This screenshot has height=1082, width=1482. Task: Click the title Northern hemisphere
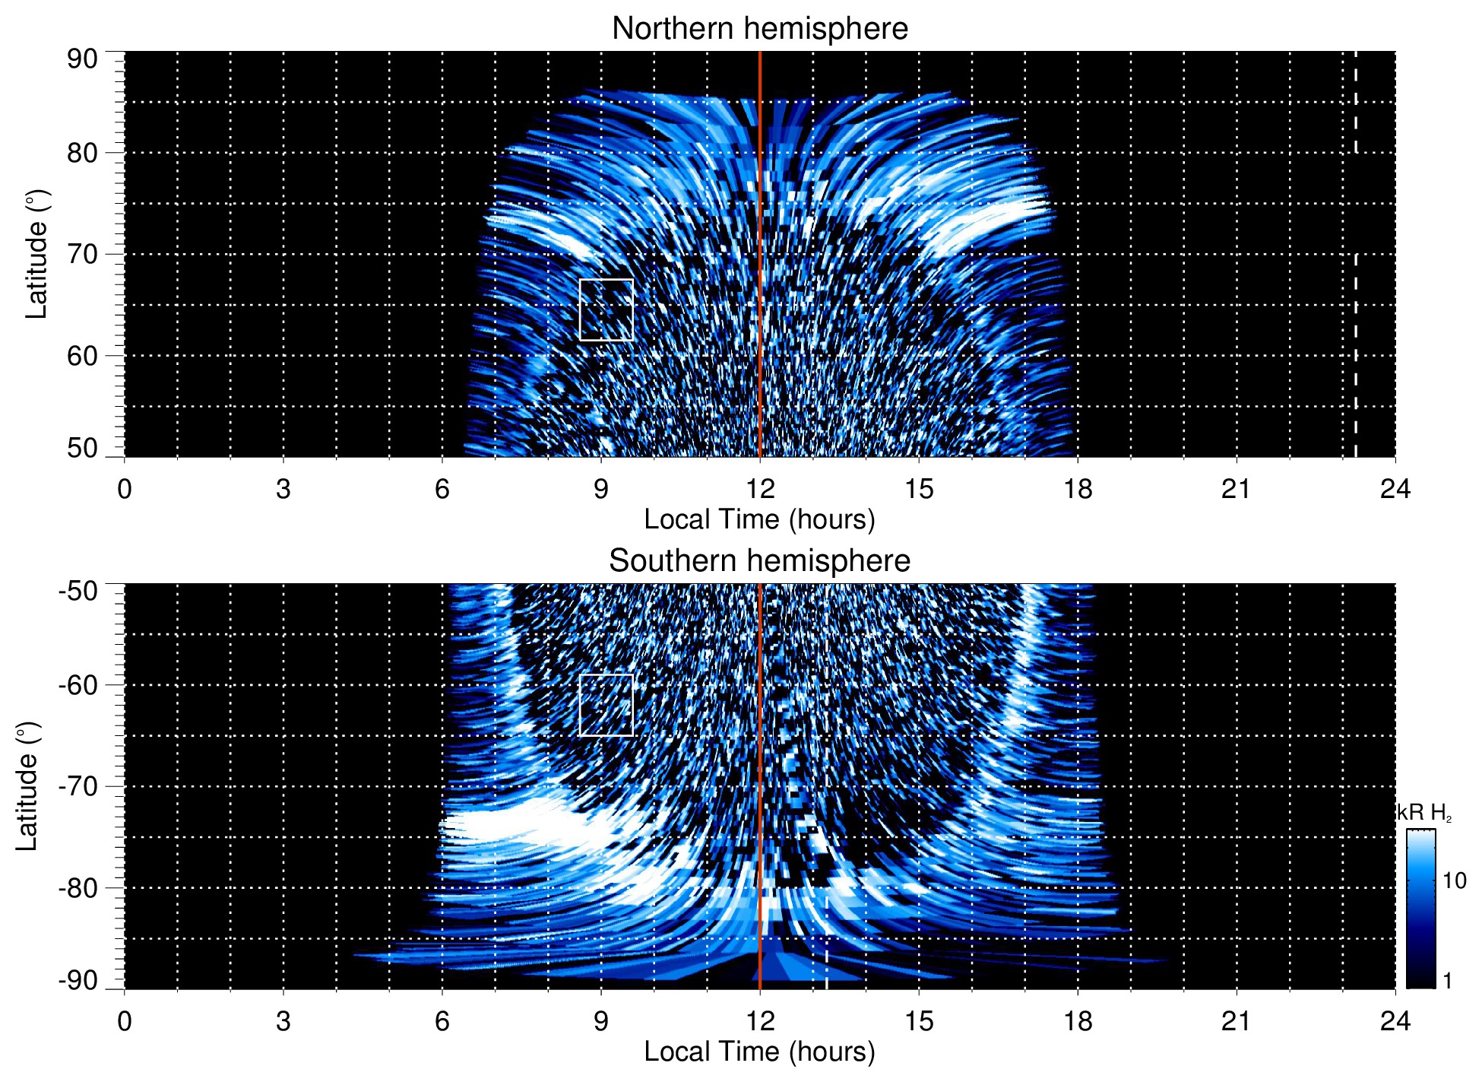pos(759,29)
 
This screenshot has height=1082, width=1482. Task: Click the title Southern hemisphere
pos(759,561)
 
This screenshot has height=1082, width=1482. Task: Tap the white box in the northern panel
pos(606,309)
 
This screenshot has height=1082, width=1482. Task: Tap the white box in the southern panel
pos(606,705)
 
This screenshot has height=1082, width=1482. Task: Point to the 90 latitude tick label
pos(82,59)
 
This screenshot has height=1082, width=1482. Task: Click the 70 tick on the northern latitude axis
pos(82,254)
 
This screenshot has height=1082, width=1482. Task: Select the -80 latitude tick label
pos(78,887)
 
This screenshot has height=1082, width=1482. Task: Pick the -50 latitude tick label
pos(78,591)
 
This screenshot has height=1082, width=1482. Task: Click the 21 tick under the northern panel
pos(1236,488)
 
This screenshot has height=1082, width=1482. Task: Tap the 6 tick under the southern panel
pos(442,1020)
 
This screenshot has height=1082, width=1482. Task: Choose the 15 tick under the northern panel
pos(918,488)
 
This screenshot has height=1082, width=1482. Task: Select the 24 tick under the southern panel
pos(1395,1020)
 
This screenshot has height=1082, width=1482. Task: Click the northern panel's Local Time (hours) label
pos(759,519)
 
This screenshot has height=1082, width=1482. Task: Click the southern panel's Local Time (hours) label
pos(759,1052)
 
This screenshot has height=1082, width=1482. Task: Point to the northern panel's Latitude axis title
pos(36,254)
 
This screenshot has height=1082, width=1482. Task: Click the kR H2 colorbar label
pos(1424,813)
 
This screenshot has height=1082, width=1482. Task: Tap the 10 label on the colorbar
pos(1454,881)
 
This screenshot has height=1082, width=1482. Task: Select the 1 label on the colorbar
pos(1447,980)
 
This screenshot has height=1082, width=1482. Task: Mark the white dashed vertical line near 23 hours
pos(1355,304)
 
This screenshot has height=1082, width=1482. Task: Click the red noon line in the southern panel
pos(760,760)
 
